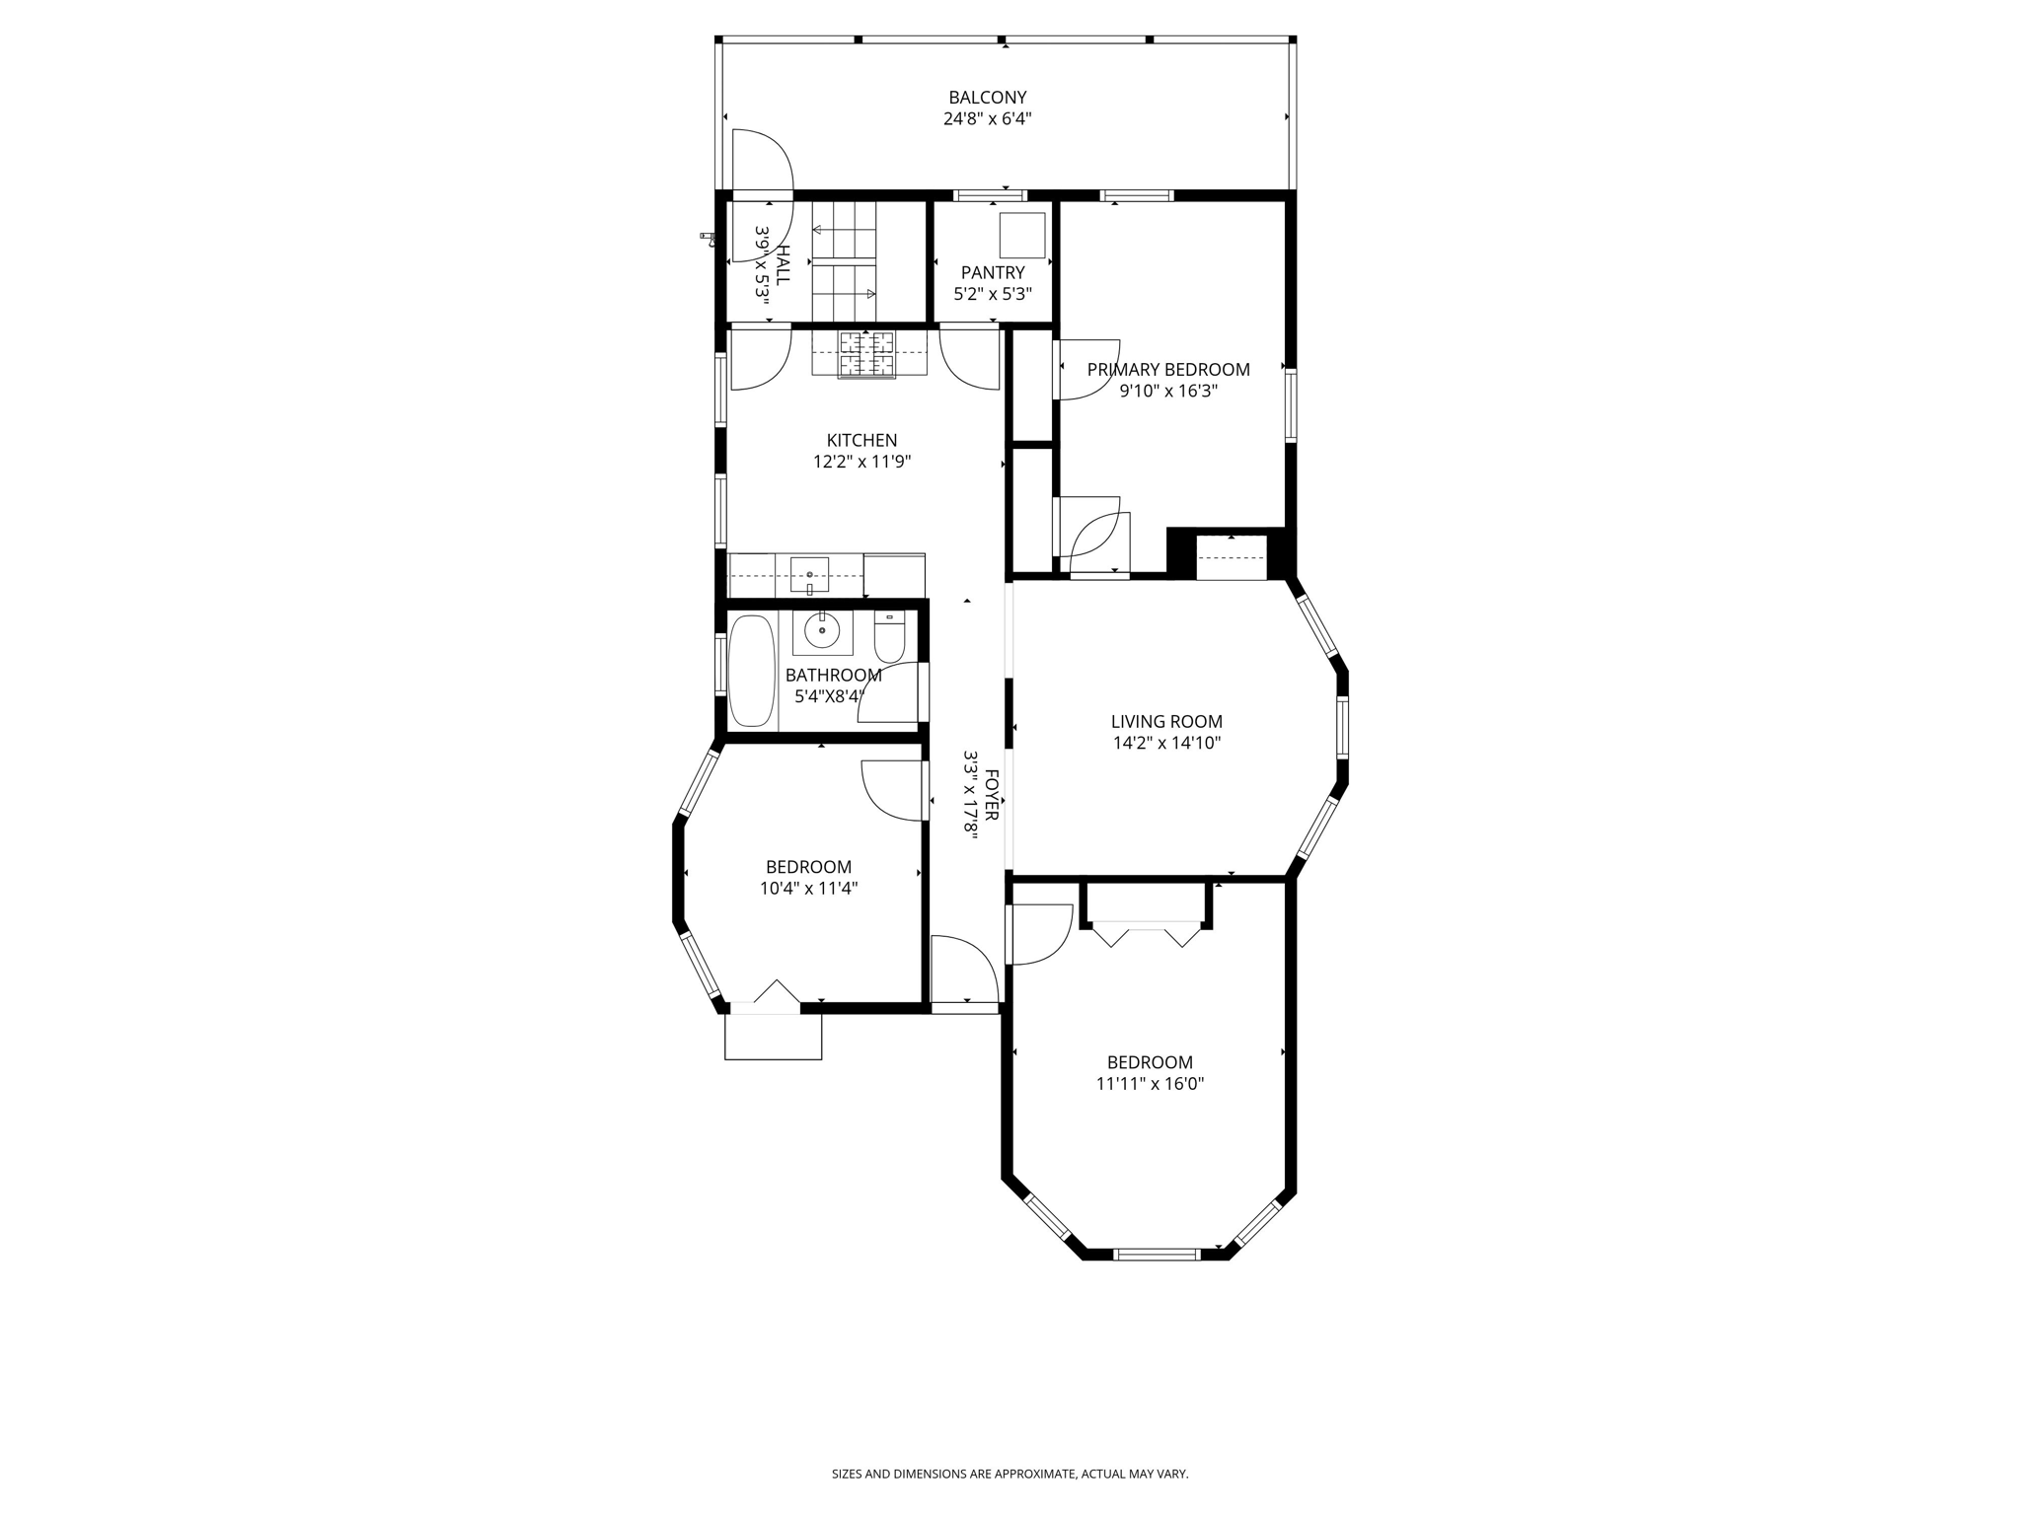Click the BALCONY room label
[x=987, y=98]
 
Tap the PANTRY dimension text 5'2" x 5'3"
[x=992, y=294]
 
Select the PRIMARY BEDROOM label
[x=1167, y=370]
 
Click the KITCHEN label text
[x=861, y=441]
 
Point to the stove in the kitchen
[x=867, y=355]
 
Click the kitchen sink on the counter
[x=809, y=574]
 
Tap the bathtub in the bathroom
[x=752, y=671]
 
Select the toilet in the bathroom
[x=889, y=638]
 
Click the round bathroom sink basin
[x=821, y=630]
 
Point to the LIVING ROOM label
[x=1166, y=722]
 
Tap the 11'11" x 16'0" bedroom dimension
[x=1150, y=1084]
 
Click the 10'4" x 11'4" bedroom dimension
[x=808, y=889]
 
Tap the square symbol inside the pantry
[x=1021, y=235]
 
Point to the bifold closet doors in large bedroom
[x=1147, y=934]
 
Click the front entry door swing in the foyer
[x=962, y=972]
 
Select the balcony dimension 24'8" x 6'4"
[x=987, y=119]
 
